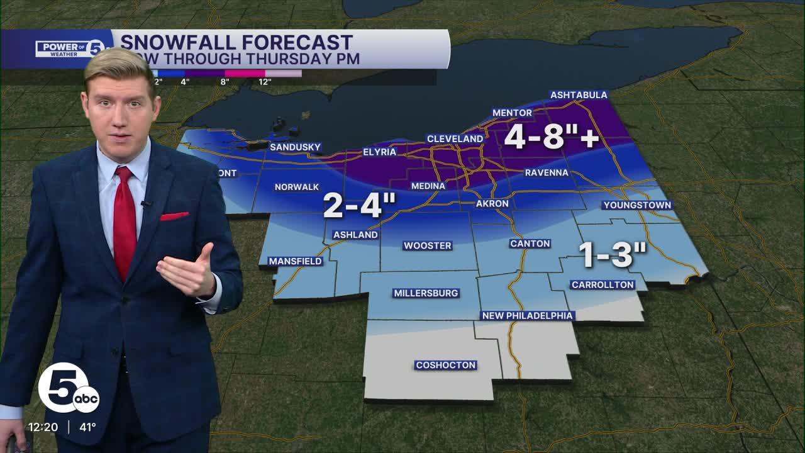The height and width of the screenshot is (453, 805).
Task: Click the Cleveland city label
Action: (x=455, y=138)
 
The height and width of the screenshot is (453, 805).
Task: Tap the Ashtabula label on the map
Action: (x=579, y=95)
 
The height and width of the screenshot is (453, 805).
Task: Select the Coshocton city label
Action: (x=445, y=365)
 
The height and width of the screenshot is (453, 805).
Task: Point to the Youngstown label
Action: (x=637, y=205)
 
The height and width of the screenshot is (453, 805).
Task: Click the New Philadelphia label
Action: (x=527, y=315)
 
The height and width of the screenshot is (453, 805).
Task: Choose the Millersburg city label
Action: (x=426, y=293)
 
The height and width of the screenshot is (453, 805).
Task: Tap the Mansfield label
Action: (x=295, y=261)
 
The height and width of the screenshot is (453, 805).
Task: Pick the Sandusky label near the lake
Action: (x=295, y=147)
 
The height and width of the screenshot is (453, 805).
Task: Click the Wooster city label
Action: (x=428, y=245)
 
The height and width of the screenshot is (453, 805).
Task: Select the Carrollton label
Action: (x=602, y=285)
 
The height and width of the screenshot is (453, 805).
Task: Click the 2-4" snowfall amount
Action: (x=360, y=206)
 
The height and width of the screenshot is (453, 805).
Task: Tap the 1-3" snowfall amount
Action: (x=612, y=254)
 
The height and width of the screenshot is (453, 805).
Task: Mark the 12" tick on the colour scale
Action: (x=265, y=82)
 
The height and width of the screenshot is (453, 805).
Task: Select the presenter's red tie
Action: (x=125, y=220)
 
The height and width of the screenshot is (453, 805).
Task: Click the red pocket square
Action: (x=174, y=216)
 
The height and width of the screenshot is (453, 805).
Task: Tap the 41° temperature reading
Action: (x=87, y=427)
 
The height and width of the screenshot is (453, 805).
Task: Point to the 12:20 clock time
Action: (x=43, y=427)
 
